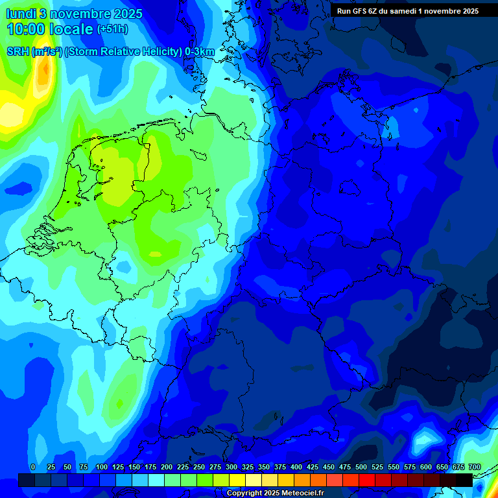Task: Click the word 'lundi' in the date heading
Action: click(x=21, y=14)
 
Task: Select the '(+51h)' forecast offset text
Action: click(x=112, y=29)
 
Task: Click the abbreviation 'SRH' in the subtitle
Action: click(x=18, y=52)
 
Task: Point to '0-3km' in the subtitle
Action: click(x=199, y=52)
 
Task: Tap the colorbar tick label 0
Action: click(x=33, y=467)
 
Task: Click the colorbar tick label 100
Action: click(x=102, y=467)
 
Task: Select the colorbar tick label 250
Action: click(x=199, y=467)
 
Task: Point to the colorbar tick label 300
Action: click(x=231, y=467)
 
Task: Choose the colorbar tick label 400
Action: click(x=296, y=467)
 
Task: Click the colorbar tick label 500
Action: click(x=361, y=467)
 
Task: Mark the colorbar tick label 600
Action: click(x=426, y=467)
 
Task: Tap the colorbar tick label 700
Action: click(x=474, y=467)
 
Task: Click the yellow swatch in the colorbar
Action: click(x=237, y=480)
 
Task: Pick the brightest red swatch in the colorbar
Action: click(x=367, y=480)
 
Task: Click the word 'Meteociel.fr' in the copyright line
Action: click(x=303, y=493)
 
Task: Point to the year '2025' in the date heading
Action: click(x=127, y=14)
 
